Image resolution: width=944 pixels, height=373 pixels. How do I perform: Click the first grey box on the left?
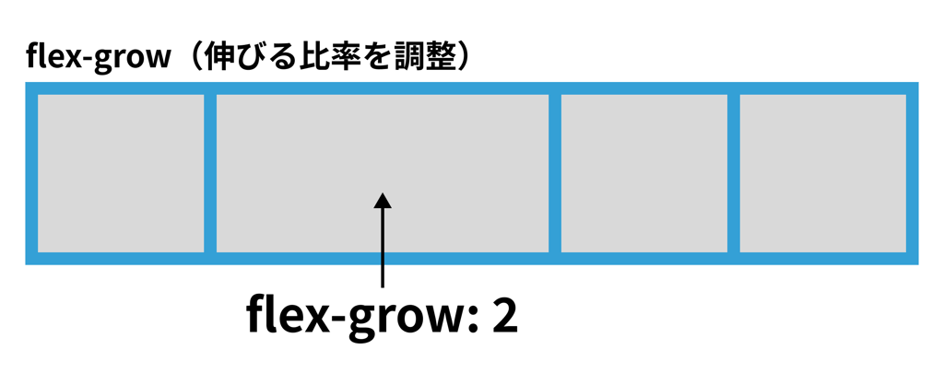pos(120,172)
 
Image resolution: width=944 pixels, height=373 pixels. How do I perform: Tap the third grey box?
pos(644,172)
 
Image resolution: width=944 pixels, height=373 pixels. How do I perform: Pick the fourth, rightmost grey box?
pos(823,172)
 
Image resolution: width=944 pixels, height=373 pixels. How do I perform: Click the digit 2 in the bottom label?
pos(504,316)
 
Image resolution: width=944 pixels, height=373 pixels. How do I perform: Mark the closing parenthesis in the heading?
pos(462,56)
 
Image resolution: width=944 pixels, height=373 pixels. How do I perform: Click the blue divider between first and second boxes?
pos(210,172)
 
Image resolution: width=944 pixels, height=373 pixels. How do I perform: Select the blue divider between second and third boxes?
pos(555,172)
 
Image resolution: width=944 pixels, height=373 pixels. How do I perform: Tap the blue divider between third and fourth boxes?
pos(734,172)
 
